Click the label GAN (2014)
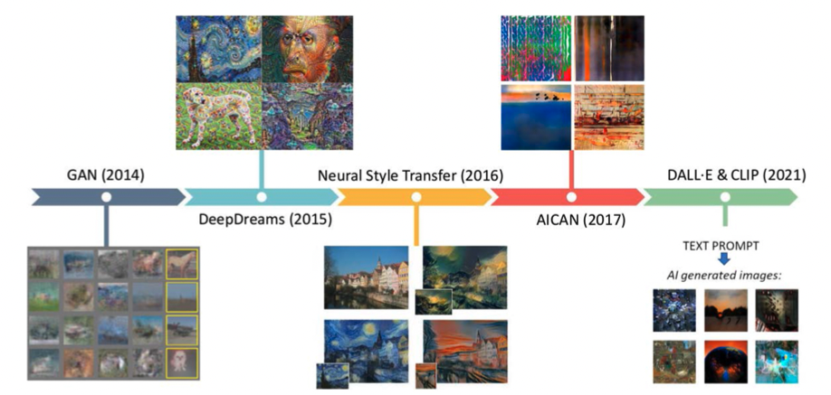[107, 175]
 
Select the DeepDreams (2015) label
[265, 220]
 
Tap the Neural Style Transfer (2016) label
[411, 175]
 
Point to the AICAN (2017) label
[581, 220]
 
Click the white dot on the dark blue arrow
[107, 197]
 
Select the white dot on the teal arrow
[262, 197]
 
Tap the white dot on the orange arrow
[416, 197]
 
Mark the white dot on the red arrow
[571, 197]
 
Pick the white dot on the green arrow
[725, 197]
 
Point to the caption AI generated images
[724, 276]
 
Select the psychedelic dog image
[219, 116]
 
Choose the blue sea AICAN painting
[536, 118]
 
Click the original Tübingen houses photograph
[367, 277]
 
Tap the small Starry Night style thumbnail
[332, 376]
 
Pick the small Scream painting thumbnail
[426, 376]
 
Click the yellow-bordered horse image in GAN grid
[181, 264]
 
